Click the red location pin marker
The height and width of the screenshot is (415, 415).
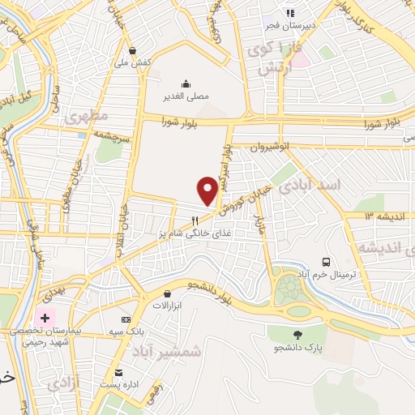click(x=207, y=190)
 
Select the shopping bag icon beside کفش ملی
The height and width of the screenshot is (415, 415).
click(x=133, y=50)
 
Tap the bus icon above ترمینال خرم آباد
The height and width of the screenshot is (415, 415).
click(x=326, y=262)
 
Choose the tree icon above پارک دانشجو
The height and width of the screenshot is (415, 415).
click(x=297, y=334)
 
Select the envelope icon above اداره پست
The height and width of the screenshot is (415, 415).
click(x=120, y=372)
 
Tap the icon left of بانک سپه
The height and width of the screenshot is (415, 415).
click(x=125, y=319)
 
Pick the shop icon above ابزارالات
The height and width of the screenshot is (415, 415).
click(x=166, y=293)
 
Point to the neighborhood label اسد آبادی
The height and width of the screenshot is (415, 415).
click(x=310, y=186)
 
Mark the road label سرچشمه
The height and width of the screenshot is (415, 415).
click(x=112, y=135)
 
